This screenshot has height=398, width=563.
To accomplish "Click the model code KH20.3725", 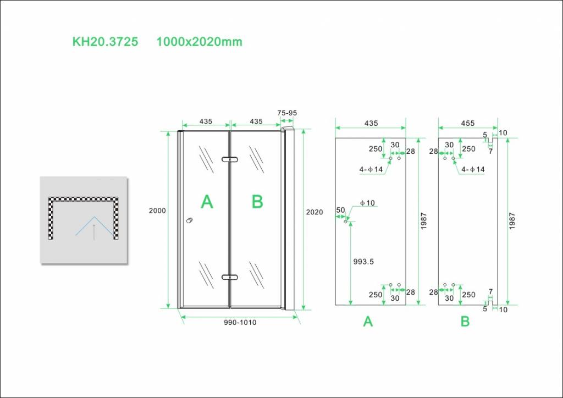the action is pyautogui.click(x=105, y=42).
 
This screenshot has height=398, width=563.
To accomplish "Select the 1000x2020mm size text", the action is pyautogui.click(x=199, y=42).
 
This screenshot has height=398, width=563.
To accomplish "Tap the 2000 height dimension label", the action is pyautogui.click(x=157, y=211).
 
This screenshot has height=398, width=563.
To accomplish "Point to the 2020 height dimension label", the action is pyautogui.click(x=314, y=212).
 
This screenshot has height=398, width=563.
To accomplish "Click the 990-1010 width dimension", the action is pyautogui.click(x=240, y=322).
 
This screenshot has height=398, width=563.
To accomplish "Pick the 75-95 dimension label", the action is pyautogui.click(x=287, y=113).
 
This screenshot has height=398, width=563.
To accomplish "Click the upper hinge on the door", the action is pyautogui.click(x=230, y=159).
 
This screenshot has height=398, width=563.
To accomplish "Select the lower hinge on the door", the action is pyautogui.click(x=230, y=277).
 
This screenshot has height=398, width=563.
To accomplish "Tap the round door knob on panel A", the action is pyautogui.click(x=190, y=220).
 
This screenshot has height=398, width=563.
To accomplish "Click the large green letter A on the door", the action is pyautogui.click(x=207, y=202).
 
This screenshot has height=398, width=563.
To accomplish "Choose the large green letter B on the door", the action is pyautogui.click(x=257, y=202).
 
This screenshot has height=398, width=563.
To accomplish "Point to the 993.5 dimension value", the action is pyautogui.click(x=363, y=262).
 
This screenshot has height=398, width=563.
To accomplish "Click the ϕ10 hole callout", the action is pyautogui.click(x=367, y=203).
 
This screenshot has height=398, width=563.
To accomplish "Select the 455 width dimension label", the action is pyautogui.click(x=468, y=123).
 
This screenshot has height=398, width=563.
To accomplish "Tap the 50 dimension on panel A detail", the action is pyautogui.click(x=340, y=210).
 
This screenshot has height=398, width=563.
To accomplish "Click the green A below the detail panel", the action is pyautogui.click(x=368, y=322).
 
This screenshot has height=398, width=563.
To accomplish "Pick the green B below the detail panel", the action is pyautogui.click(x=465, y=322).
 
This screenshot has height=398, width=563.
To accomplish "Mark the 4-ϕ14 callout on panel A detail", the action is pyautogui.click(x=371, y=169).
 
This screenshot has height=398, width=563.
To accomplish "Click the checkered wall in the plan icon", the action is pyautogui.click(x=84, y=200).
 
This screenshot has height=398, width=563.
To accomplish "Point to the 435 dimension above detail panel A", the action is pyautogui.click(x=371, y=123).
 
